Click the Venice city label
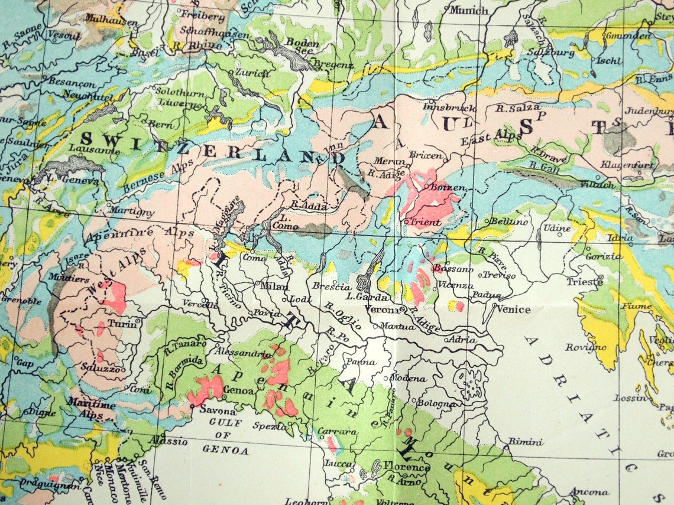pyautogui.click(x=513, y=309)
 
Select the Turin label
pyautogui.click(x=122, y=324)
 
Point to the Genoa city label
pyautogui.click(x=239, y=390)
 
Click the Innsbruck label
pyautogui.click(x=440, y=107)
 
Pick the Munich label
pyautogui.click(x=469, y=10)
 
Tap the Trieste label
pyautogui.click(x=585, y=282)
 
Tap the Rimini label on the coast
pyautogui.click(x=526, y=442)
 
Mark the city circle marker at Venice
pyautogui.click(x=494, y=305)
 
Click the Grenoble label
pyautogui.click(x=21, y=301)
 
